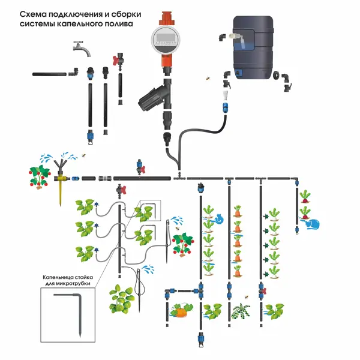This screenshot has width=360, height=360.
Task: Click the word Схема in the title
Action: point(34,13)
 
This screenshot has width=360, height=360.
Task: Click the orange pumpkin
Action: point(179,311)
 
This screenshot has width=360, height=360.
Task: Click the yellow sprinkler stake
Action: point(60,186)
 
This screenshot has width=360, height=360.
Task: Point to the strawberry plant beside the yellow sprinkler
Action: point(40,175)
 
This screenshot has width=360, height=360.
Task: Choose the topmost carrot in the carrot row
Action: point(238,211)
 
